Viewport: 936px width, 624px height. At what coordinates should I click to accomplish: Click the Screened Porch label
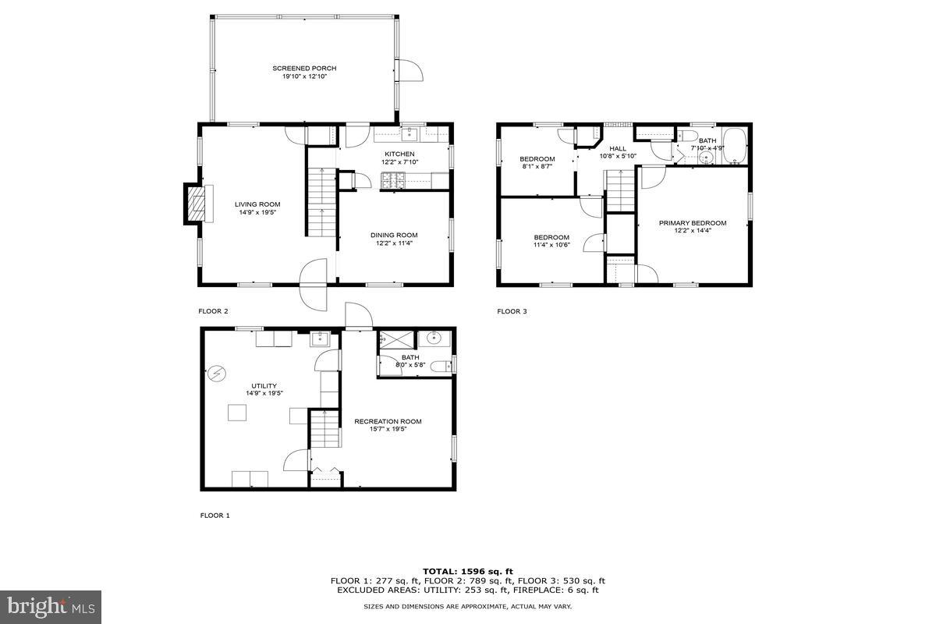(x=304, y=69)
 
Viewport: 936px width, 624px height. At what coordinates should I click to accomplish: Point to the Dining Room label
(x=394, y=235)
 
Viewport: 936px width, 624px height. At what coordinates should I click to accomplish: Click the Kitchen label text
(x=399, y=154)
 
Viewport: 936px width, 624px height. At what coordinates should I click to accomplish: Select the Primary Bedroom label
(x=693, y=223)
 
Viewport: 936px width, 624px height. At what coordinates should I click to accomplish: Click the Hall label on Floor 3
(x=618, y=148)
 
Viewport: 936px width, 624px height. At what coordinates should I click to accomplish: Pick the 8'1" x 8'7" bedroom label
(x=537, y=159)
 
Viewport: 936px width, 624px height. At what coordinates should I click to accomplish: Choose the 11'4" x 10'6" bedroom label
(x=551, y=237)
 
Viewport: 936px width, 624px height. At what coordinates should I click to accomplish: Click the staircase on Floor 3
(x=621, y=192)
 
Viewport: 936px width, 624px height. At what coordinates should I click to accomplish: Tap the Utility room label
(x=264, y=386)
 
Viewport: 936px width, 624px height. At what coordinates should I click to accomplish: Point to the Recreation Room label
(x=388, y=421)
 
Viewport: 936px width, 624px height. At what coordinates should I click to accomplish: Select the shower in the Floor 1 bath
(x=396, y=340)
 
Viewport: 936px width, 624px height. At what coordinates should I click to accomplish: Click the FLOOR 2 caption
(x=213, y=311)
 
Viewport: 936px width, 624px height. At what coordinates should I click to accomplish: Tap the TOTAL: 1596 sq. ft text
(x=468, y=572)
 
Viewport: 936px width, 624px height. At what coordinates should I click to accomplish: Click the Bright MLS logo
(x=51, y=606)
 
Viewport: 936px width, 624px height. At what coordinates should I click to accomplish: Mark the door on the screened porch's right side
(x=407, y=70)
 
